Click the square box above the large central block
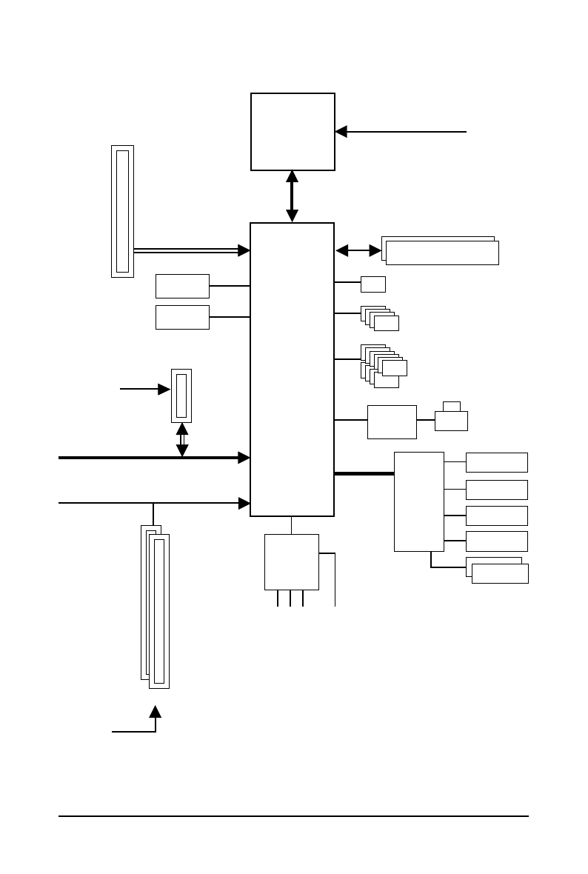click(x=293, y=132)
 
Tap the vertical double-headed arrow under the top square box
click(x=292, y=196)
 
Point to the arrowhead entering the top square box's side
click(x=341, y=132)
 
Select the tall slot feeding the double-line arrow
click(x=122, y=211)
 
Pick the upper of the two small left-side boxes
click(x=182, y=286)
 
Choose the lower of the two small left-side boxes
click(x=182, y=317)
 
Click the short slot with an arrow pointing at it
click(x=181, y=396)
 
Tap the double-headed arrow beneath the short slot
click(x=182, y=439)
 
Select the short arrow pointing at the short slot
click(x=145, y=388)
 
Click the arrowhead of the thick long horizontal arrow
click(x=244, y=458)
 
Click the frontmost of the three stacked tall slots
click(x=159, y=611)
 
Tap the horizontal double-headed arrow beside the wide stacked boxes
click(x=353, y=251)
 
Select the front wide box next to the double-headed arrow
click(x=442, y=253)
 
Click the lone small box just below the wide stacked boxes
click(x=373, y=284)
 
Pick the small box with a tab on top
click(x=451, y=420)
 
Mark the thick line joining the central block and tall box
click(x=364, y=473)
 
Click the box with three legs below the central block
click(x=292, y=562)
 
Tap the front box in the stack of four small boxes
click(x=387, y=323)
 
